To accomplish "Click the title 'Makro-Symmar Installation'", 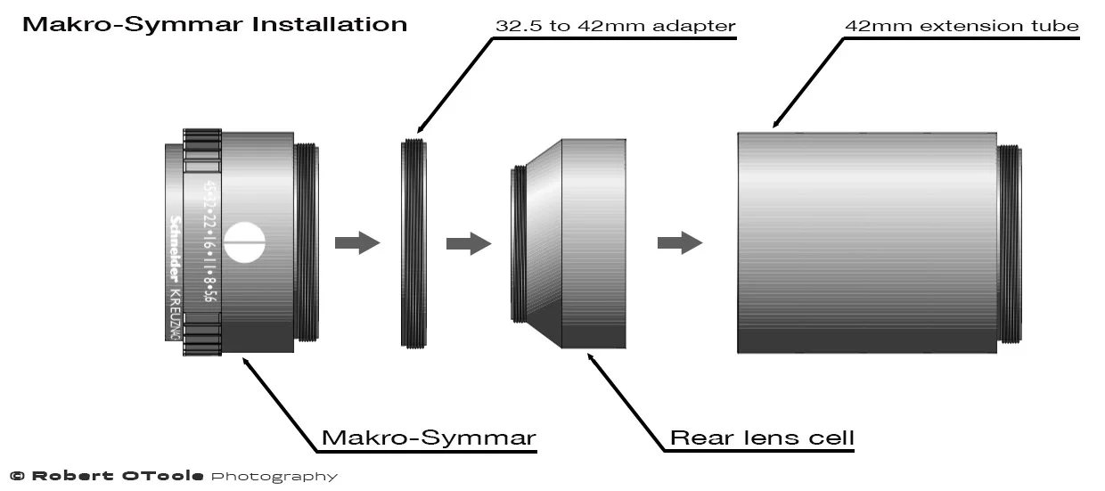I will click(x=214, y=24).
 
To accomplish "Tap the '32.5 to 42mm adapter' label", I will click(x=615, y=26).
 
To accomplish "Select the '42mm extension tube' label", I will click(x=962, y=26).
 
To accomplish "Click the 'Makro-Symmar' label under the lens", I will click(x=428, y=438).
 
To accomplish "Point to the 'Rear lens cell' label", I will click(x=762, y=438).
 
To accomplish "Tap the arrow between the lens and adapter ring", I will click(x=356, y=242).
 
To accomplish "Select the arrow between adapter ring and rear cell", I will click(x=469, y=242).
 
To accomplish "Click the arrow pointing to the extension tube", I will click(x=679, y=242).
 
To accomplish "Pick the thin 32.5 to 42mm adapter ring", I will click(x=412, y=242).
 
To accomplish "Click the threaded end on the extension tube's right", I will click(x=1009, y=242).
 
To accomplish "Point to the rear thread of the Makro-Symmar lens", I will click(x=306, y=242).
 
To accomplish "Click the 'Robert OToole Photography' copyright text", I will click(x=174, y=477).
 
